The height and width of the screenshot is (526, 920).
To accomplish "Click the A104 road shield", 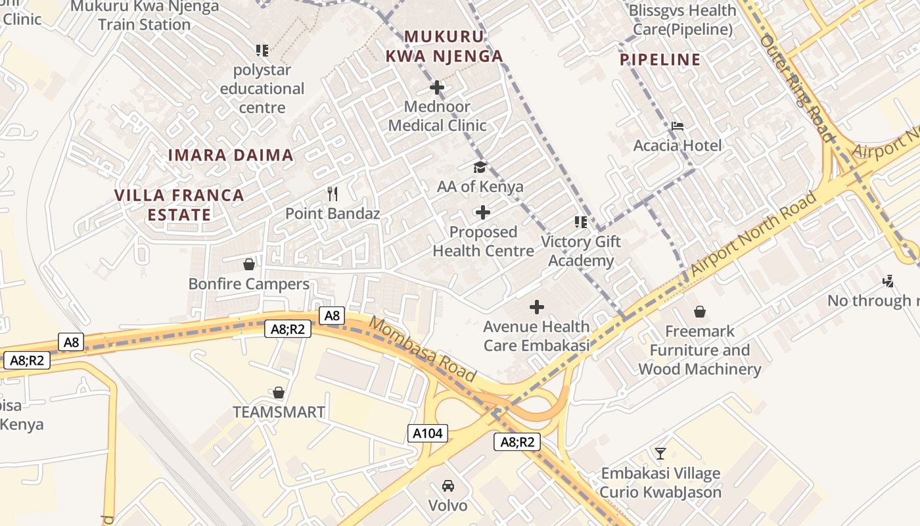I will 427,433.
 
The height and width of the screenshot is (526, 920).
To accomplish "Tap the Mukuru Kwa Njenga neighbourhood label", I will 444,47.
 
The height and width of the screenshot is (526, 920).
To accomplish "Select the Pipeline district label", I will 660,60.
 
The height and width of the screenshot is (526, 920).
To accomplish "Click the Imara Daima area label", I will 231,155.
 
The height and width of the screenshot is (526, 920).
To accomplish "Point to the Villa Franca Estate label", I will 179,204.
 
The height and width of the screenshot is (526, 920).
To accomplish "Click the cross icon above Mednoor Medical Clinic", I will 437,87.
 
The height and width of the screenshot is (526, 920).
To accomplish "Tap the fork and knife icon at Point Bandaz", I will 333,193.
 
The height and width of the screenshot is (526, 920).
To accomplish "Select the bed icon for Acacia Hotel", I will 678,126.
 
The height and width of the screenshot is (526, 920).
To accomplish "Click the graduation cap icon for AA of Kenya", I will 480,167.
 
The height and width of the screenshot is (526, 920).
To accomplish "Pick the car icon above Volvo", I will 448,486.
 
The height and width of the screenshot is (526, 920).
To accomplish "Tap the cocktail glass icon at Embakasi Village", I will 660,453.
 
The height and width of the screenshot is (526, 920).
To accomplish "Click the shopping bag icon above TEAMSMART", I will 279,393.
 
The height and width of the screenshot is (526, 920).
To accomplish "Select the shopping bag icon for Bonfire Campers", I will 249,264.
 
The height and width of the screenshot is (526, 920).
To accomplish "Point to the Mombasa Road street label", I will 422,349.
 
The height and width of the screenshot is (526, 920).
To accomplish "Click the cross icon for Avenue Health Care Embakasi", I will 537,307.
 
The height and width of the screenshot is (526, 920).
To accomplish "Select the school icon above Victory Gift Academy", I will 581,222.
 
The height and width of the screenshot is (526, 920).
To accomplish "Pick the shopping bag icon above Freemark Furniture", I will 700,311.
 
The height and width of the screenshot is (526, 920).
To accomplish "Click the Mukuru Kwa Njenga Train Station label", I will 144,16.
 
